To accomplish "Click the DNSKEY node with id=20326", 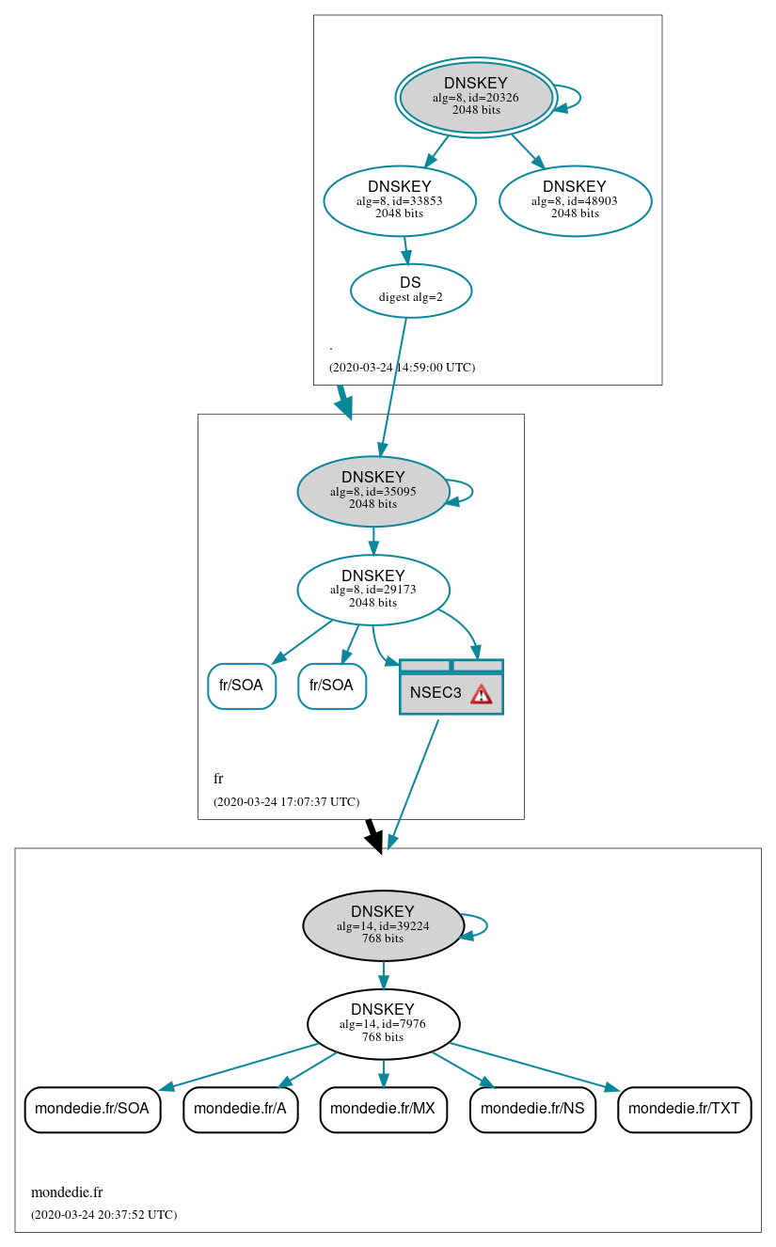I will pyautogui.click(x=476, y=97).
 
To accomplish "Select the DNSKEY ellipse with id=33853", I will pyautogui.click(x=400, y=200).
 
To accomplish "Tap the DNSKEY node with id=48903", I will pyautogui.click(x=575, y=200).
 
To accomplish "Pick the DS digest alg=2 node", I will pyautogui.click(x=411, y=291).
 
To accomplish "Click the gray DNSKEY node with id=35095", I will pyautogui.click(x=373, y=491).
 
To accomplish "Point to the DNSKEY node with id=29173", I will pyautogui.click(x=373, y=590).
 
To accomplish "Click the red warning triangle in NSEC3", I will pyautogui.click(x=482, y=694).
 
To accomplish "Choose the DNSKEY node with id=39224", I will pyautogui.click(x=383, y=925).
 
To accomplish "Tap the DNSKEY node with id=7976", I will pyautogui.click(x=383, y=1024).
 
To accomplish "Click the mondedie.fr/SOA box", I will pyautogui.click(x=92, y=1109).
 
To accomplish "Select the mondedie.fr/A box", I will pyautogui.click(x=240, y=1109).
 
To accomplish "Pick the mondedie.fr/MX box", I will pyautogui.click(x=383, y=1109).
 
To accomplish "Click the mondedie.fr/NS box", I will pyautogui.click(x=532, y=1109).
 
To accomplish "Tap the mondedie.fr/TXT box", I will pyautogui.click(x=684, y=1109).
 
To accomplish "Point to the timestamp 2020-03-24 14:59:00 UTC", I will pyautogui.click(x=402, y=368).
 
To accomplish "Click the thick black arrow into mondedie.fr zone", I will pyautogui.click(x=374, y=836).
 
